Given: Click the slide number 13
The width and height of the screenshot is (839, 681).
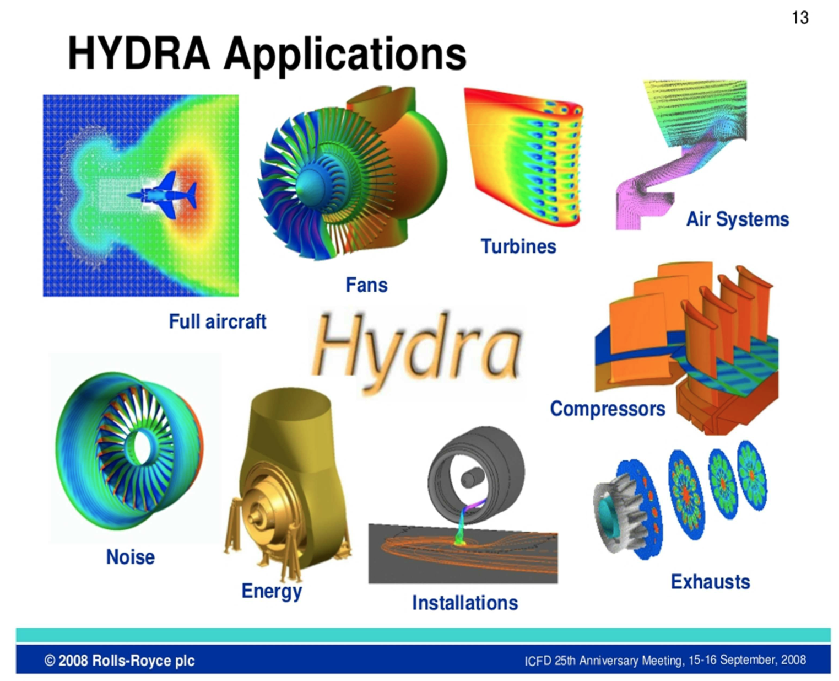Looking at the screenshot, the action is click(x=800, y=18).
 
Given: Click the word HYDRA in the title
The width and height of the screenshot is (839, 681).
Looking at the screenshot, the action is click(x=139, y=53).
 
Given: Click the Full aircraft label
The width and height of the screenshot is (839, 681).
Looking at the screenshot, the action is click(x=218, y=321).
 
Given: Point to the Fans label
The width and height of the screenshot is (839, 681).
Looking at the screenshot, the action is click(x=366, y=285).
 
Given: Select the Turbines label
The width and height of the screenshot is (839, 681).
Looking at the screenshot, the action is click(x=518, y=246).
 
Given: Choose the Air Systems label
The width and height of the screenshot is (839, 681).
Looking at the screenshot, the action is click(x=738, y=219).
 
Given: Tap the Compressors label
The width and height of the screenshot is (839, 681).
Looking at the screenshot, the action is click(x=608, y=409).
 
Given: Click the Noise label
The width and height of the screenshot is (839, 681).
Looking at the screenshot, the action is click(x=131, y=557).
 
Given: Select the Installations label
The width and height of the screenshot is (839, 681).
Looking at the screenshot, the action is click(x=465, y=603).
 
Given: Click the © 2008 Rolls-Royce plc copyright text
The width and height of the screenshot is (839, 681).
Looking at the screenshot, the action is click(x=120, y=660).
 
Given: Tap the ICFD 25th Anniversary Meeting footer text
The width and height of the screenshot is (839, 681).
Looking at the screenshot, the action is click(x=665, y=660).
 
